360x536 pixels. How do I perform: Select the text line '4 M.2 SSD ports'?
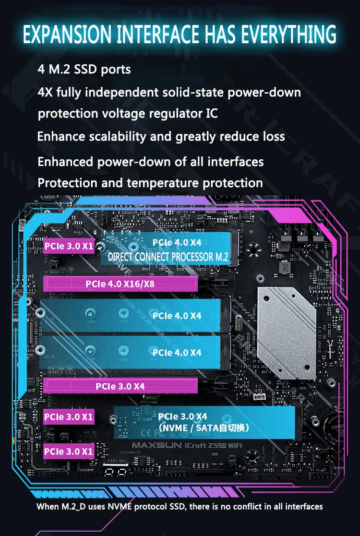coord(84,69)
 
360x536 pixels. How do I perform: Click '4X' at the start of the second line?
coord(45,92)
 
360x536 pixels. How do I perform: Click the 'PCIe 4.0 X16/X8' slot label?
coord(120,284)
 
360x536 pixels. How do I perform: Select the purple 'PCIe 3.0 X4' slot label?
coord(120,386)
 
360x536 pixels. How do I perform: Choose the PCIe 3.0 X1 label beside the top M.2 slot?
coord(69,247)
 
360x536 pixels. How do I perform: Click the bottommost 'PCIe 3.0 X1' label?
coord(69,452)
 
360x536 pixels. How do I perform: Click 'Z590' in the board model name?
coord(224,444)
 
